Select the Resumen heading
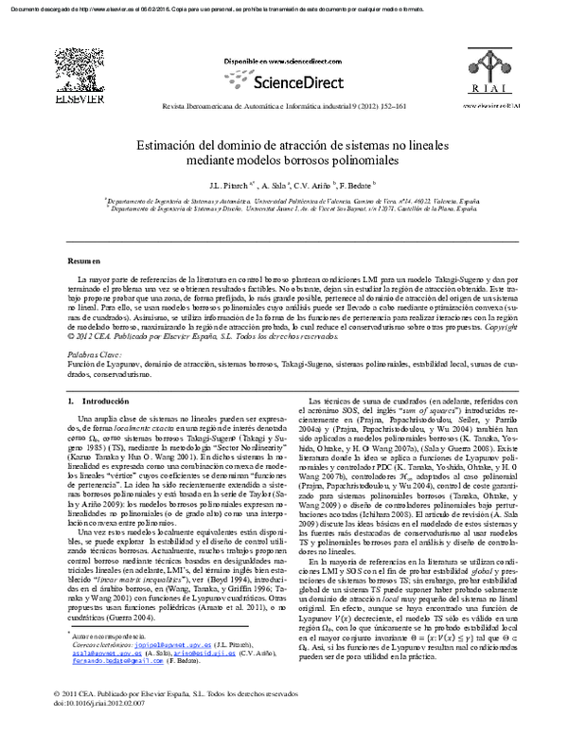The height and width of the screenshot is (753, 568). pyautogui.click(x=84, y=260)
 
